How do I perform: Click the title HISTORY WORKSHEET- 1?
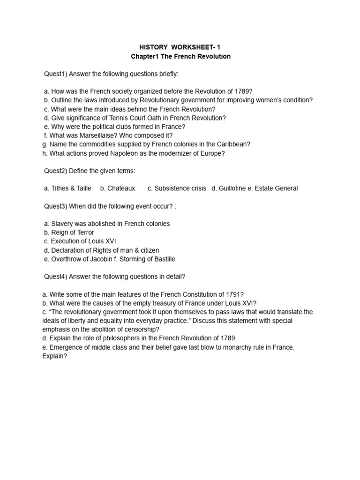[x=180, y=47]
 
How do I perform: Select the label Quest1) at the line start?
[x=55, y=74]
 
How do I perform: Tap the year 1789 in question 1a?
[x=239, y=91]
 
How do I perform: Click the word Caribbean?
[x=230, y=144]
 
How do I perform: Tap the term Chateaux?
[x=121, y=188]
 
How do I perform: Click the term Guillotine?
[x=233, y=188]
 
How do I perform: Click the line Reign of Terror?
[x=72, y=232]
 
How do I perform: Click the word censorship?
[x=140, y=330]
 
